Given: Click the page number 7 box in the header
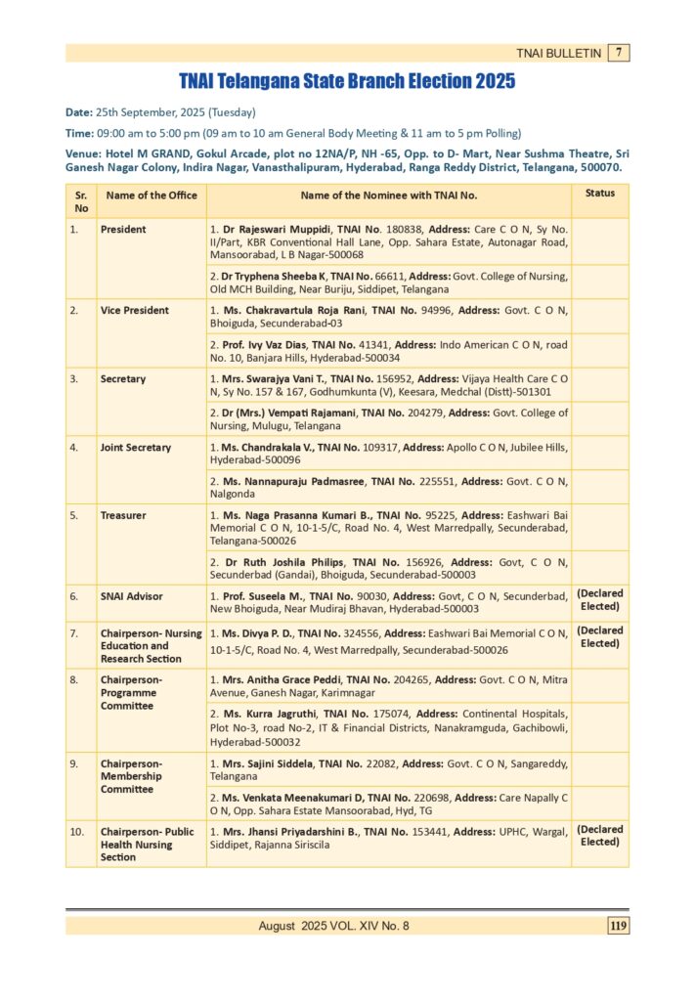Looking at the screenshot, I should point(619,53).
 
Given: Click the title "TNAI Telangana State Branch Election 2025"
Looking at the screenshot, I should point(347,82).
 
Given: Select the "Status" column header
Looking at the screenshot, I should point(599,194).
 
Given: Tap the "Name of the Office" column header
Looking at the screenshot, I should point(152,196).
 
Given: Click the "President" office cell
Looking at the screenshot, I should point(123,230).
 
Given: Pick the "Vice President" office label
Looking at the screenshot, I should point(134,311).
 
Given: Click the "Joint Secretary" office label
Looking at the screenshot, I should point(135,448).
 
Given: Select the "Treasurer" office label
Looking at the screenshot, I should point(123,515).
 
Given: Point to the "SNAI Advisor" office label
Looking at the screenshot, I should point(131,596).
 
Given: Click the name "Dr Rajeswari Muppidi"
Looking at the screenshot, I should point(278,230).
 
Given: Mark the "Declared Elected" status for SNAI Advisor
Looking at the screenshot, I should point(599,600).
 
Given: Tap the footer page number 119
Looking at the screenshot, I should point(618,926).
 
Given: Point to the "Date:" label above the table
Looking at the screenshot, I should point(79,112).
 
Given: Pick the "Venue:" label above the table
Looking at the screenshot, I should point(83,154).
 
